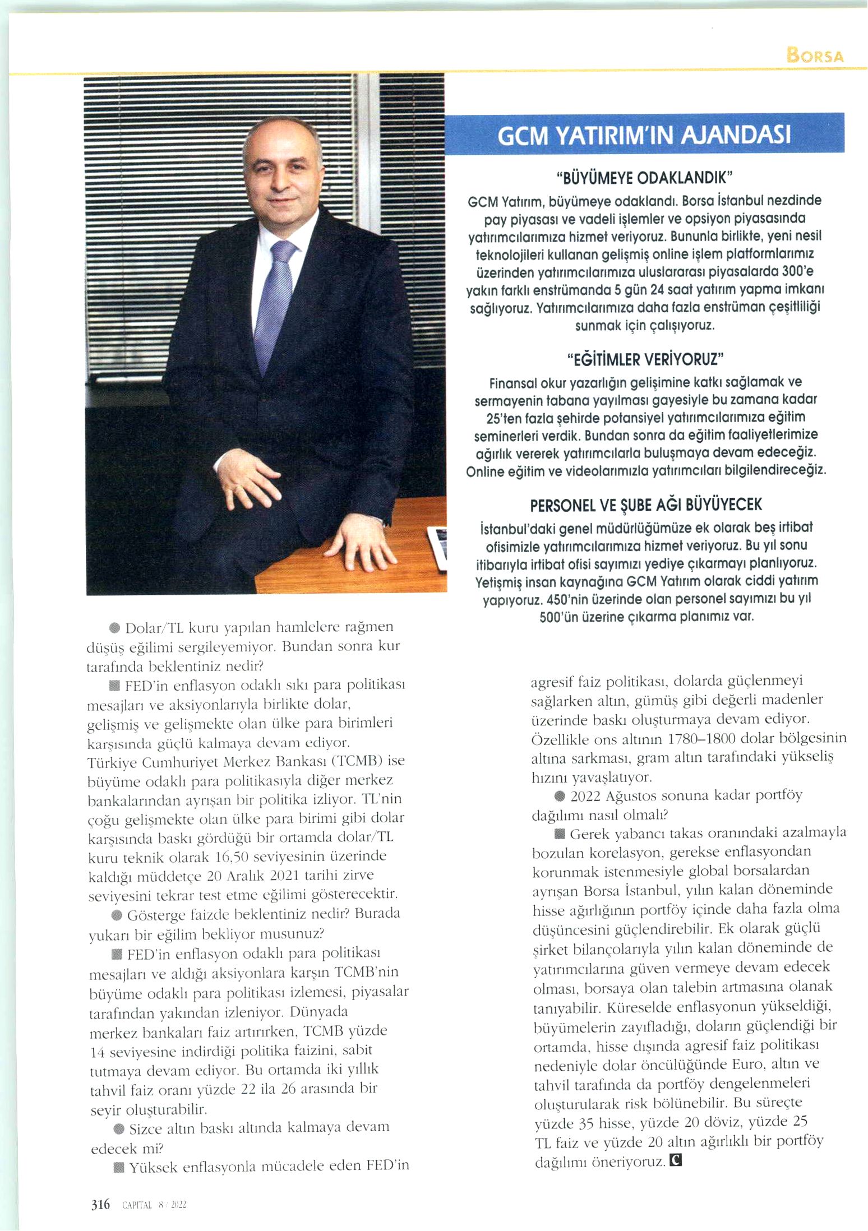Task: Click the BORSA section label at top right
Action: (x=815, y=56)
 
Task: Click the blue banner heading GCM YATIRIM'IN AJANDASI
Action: (x=644, y=135)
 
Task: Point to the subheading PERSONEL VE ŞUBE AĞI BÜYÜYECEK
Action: (x=646, y=505)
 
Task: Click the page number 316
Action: (x=100, y=1204)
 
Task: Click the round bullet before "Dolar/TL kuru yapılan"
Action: (x=115, y=627)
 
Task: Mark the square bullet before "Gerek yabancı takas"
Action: (x=559, y=834)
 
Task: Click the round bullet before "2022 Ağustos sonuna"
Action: (x=559, y=796)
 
